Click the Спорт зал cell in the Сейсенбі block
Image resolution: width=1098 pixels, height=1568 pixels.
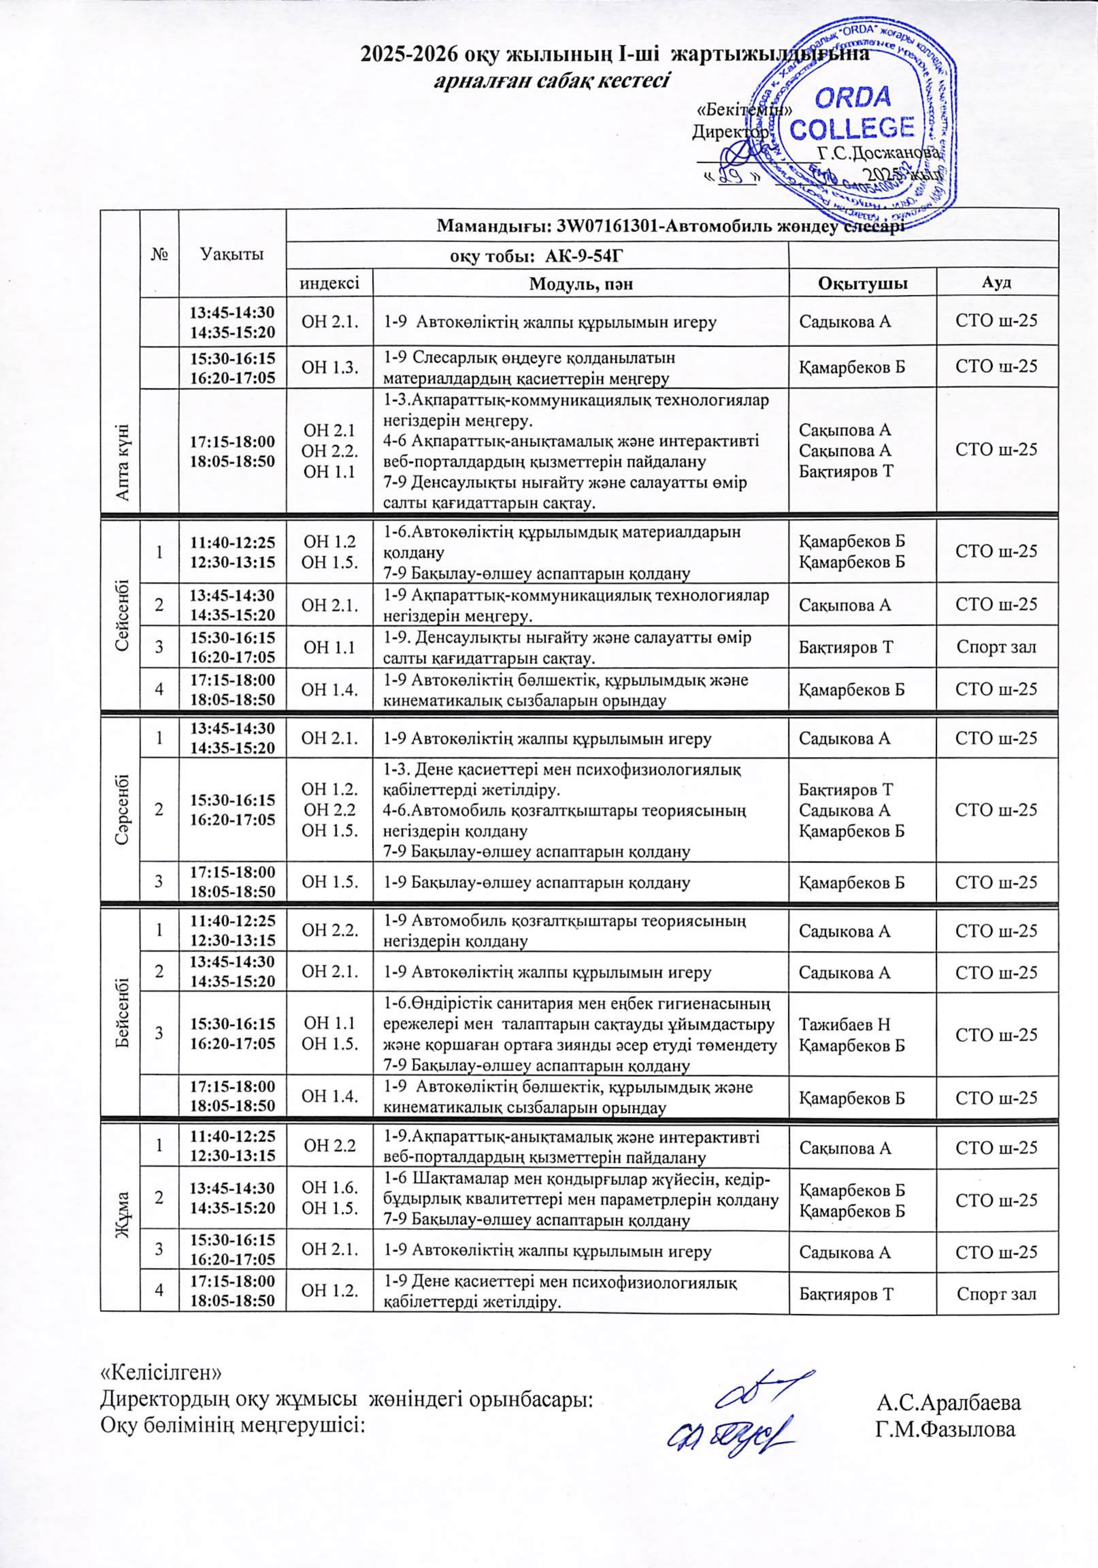click(x=996, y=647)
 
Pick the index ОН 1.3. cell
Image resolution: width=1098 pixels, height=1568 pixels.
click(x=330, y=367)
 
